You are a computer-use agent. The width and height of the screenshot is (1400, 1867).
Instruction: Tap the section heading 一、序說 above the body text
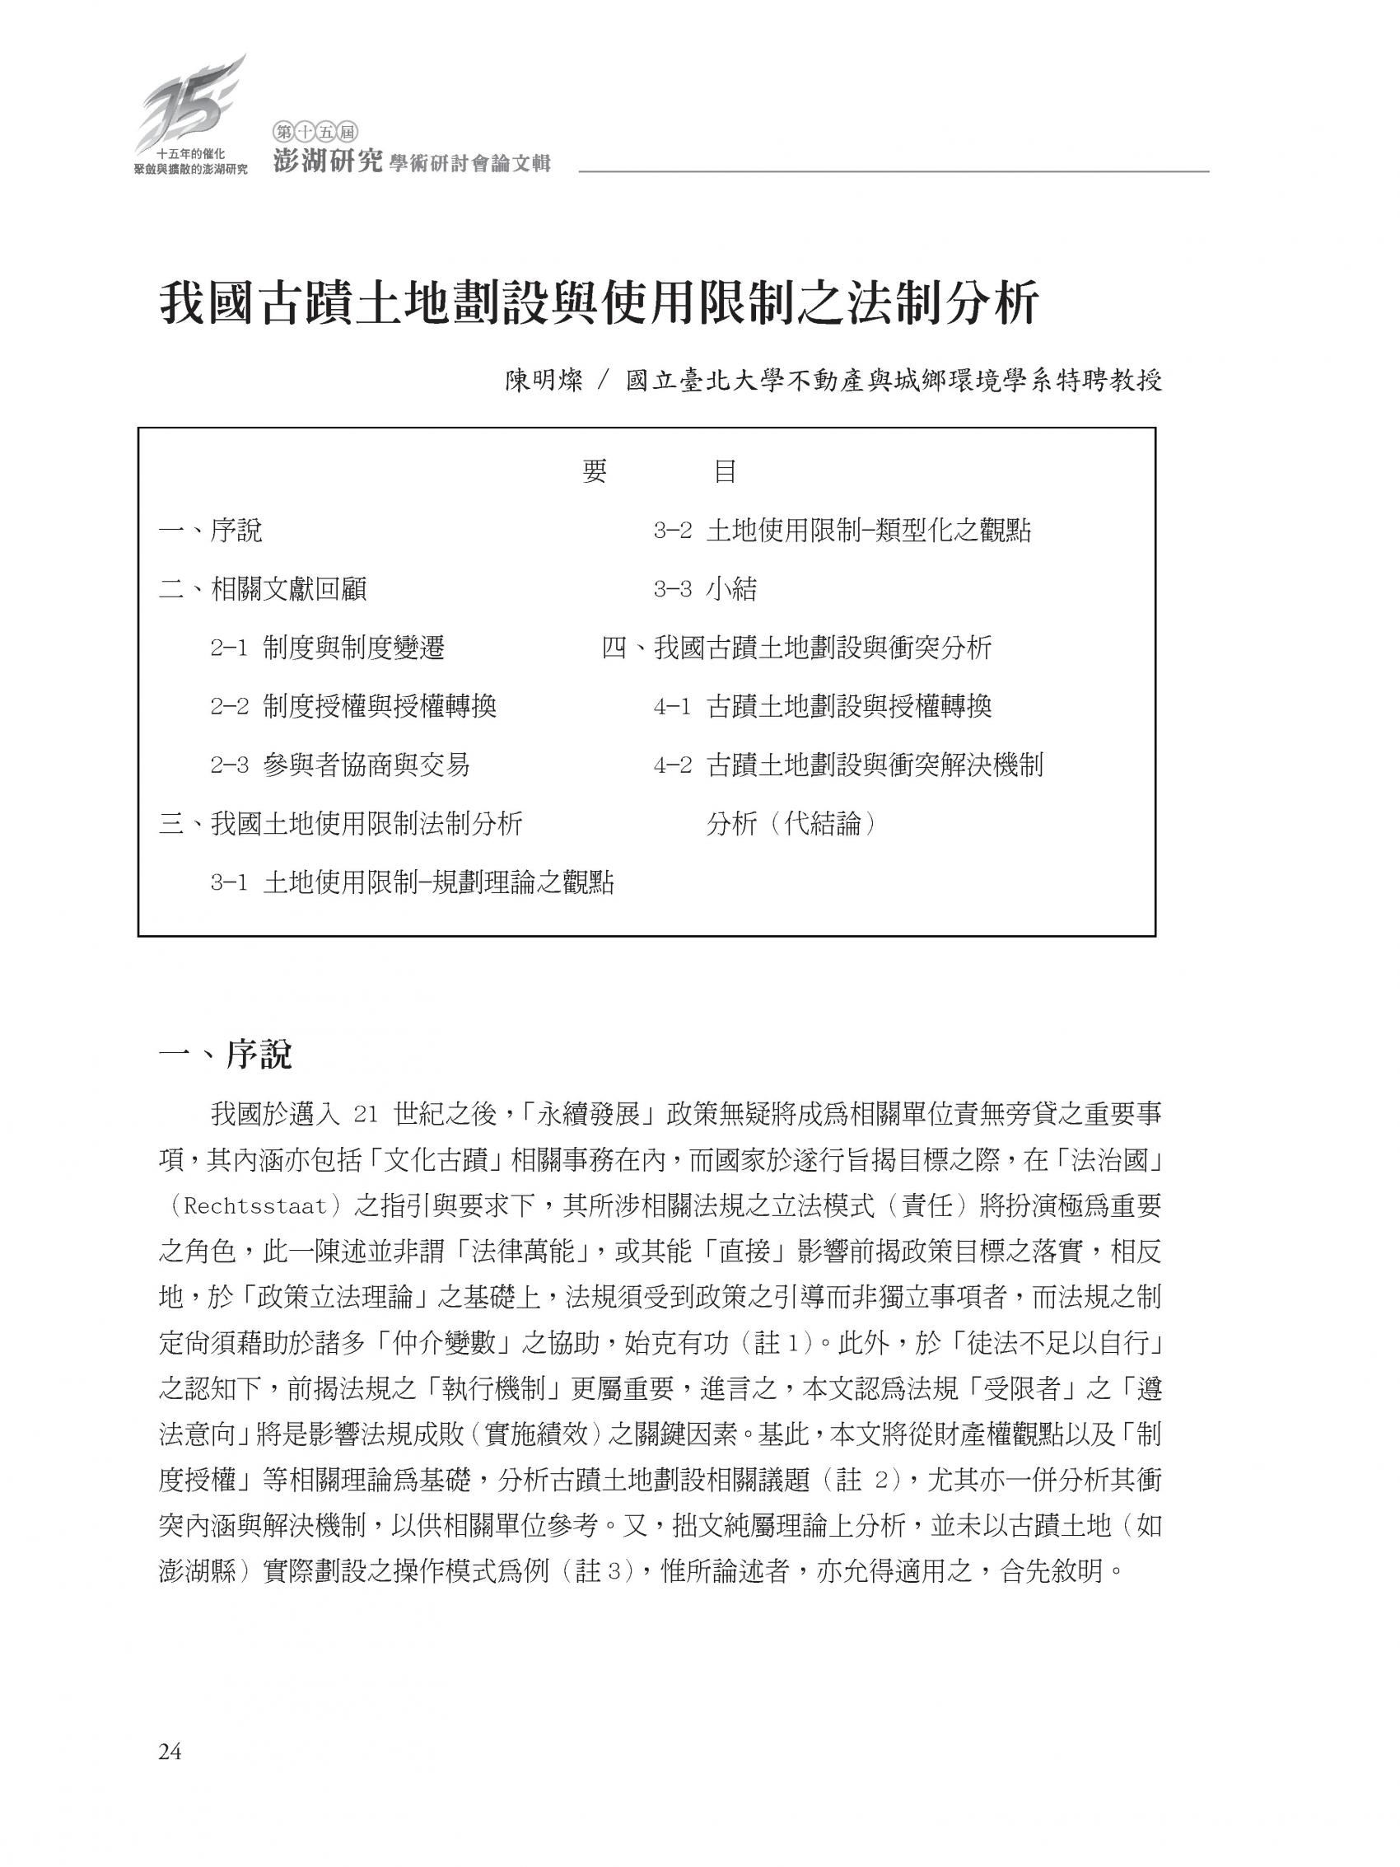[x=226, y=1054]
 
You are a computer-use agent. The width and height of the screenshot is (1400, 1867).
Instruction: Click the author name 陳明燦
[x=544, y=381]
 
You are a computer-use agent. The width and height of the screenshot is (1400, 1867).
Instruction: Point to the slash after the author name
[x=601, y=381]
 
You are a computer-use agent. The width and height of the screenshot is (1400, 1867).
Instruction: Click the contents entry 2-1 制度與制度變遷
[x=328, y=648]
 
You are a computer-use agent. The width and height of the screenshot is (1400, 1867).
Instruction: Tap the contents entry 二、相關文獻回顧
[x=263, y=589]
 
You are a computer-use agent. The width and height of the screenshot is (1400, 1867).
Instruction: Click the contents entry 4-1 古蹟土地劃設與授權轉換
[x=823, y=706]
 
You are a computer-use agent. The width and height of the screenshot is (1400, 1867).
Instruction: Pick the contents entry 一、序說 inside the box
[x=210, y=531]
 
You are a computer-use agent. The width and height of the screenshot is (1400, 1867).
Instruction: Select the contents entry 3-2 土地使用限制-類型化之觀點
[x=842, y=531]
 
